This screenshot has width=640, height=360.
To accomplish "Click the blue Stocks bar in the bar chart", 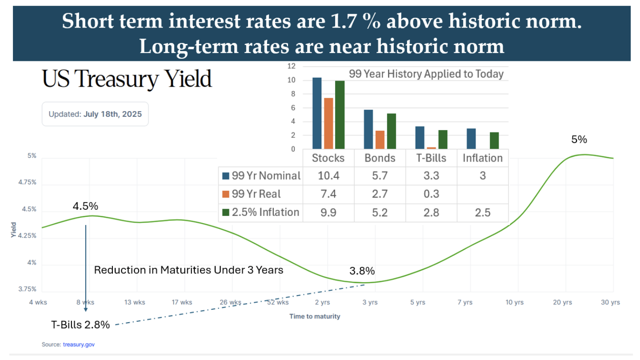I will [x=317, y=113].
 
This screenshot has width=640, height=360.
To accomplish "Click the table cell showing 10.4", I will [x=328, y=176].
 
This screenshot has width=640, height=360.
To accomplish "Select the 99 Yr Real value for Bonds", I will [x=380, y=194].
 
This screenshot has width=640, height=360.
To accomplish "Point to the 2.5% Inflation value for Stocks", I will [x=328, y=212].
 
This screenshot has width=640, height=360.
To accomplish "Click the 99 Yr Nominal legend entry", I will [x=261, y=176].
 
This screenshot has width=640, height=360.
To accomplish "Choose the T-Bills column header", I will [x=431, y=158].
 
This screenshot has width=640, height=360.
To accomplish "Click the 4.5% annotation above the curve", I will [x=85, y=207].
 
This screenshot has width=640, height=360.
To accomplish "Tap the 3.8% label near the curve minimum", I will [x=362, y=271].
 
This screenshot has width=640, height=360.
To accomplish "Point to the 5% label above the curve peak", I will [x=579, y=140].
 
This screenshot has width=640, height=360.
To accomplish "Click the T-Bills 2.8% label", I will [x=80, y=325].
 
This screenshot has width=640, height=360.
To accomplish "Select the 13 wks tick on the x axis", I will [x=134, y=302].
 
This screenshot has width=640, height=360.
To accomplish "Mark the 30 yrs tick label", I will [x=610, y=302].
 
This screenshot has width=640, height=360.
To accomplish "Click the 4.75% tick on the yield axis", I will [x=27, y=183].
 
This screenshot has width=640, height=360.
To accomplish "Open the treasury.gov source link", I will [x=79, y=344].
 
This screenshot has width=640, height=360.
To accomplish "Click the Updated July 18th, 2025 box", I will [x=95, y=114].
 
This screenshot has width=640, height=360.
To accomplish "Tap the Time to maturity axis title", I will [x=315, y=316].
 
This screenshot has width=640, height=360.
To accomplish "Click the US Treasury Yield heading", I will [x=127, y=80].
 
